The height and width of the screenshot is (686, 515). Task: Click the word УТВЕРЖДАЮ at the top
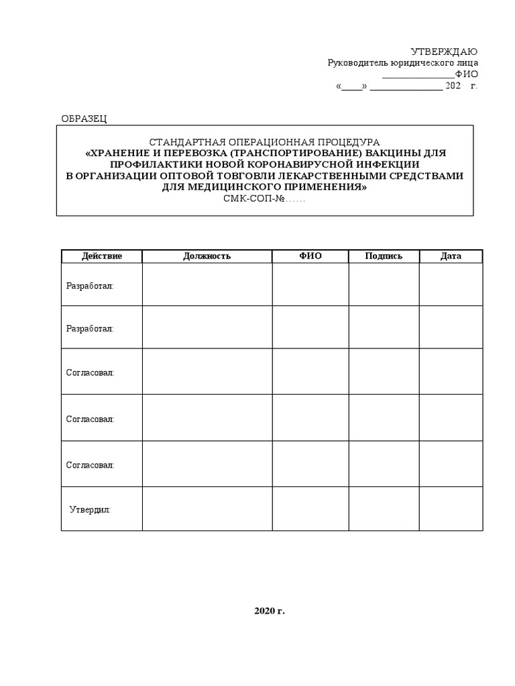(443, 52)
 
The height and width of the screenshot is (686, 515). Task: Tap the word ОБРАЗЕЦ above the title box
(84, 119)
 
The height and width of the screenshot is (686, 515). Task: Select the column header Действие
(101, 256)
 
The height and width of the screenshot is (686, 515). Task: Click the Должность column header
(207, 256)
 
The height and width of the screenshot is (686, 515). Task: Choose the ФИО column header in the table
(310, 256)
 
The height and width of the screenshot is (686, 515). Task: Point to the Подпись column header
(384, 256)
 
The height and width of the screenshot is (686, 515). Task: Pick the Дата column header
(451, 256)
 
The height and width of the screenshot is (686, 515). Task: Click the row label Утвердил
(90, 510)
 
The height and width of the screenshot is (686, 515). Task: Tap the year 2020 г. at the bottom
(270, 611)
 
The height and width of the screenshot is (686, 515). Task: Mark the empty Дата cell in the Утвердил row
(451, 508)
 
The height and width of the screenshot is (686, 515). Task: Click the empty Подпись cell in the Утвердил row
(384, 508)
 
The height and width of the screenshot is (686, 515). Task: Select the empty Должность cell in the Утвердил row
(207, 508)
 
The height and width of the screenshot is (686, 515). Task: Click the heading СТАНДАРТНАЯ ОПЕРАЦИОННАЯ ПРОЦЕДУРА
(264, 142)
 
